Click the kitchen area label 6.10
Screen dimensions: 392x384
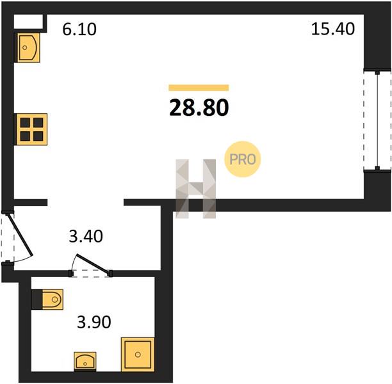click(x=79, y=29)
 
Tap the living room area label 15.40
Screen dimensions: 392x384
click(x=332, y=29)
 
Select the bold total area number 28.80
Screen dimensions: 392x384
click(x=199, y=108)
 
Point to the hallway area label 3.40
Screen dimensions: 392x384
click(x=86, y=236)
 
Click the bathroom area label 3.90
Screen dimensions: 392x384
click(x=94, y=322)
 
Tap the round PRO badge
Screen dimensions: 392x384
click(x=243, y=159)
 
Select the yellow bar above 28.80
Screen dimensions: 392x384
click(x=199, y=88)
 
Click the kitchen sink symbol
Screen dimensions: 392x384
click(x=28, y=47)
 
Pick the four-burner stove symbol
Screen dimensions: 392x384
click(x=32, y=129)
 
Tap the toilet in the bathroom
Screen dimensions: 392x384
click(x=53, y=300)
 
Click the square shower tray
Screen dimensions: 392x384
click(x=138, y=355)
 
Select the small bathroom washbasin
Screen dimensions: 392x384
click(x=85, y=361)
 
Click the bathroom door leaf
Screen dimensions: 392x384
click(x=93, y=264)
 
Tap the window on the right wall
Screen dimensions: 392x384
click(x=377, y=121)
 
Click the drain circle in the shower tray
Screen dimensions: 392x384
click(x=138, y=355)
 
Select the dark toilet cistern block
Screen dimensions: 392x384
click(x=37, y=300)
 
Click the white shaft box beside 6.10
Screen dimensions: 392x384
click(x=28, y=22)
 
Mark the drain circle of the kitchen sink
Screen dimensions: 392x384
click(x=25, y=47)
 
